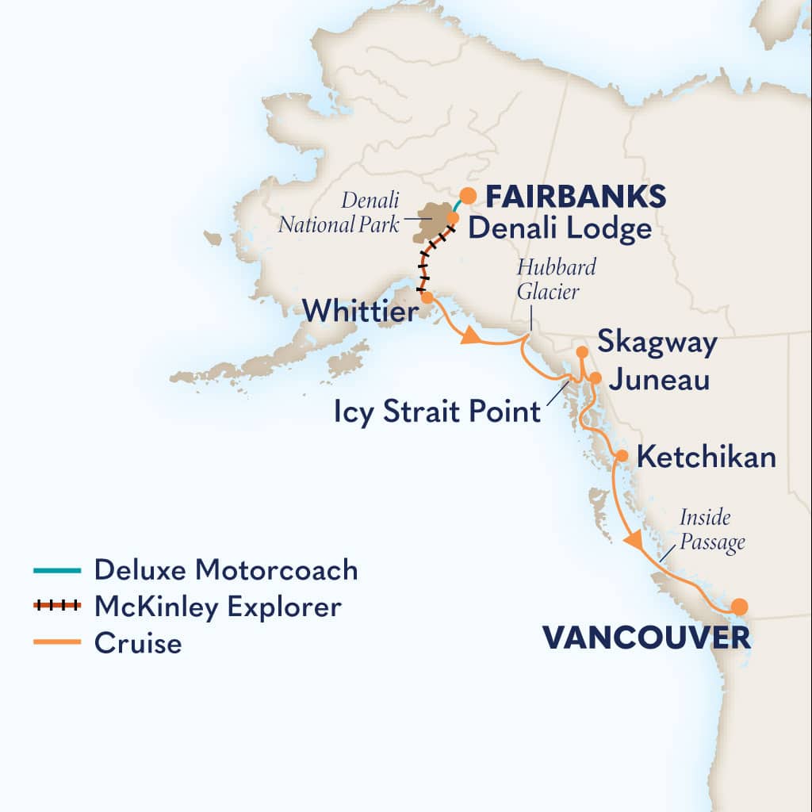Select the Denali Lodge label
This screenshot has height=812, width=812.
point(560,229)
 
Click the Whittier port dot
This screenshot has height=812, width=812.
point(427,297)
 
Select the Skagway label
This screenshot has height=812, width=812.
point(657,343)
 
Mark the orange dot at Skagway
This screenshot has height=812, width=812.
point(581,351)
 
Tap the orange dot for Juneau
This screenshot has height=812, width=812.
point(595,378)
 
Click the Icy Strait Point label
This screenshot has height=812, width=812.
point(437,412)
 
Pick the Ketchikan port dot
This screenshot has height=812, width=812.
point(622,456)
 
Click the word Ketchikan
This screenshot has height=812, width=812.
point(707,457)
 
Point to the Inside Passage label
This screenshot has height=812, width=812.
point(713,530)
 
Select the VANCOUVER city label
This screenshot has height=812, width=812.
point(645,637)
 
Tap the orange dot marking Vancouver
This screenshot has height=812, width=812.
point(739,607)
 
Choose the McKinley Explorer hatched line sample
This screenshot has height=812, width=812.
point(57,607)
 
